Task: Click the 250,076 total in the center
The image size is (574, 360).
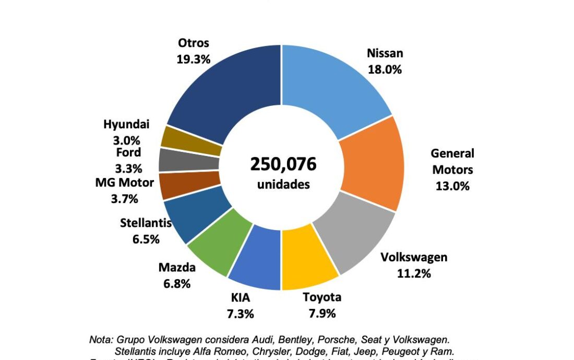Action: pos(283,164)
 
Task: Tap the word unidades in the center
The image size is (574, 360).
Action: pos(283,184)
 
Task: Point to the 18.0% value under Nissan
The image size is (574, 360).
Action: pos(385,69)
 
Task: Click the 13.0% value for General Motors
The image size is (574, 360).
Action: pos(452,186)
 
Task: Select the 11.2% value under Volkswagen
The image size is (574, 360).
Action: pos(414,273)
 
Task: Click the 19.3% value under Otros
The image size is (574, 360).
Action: pos(193,59)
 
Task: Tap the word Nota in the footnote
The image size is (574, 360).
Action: pos(101,339)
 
